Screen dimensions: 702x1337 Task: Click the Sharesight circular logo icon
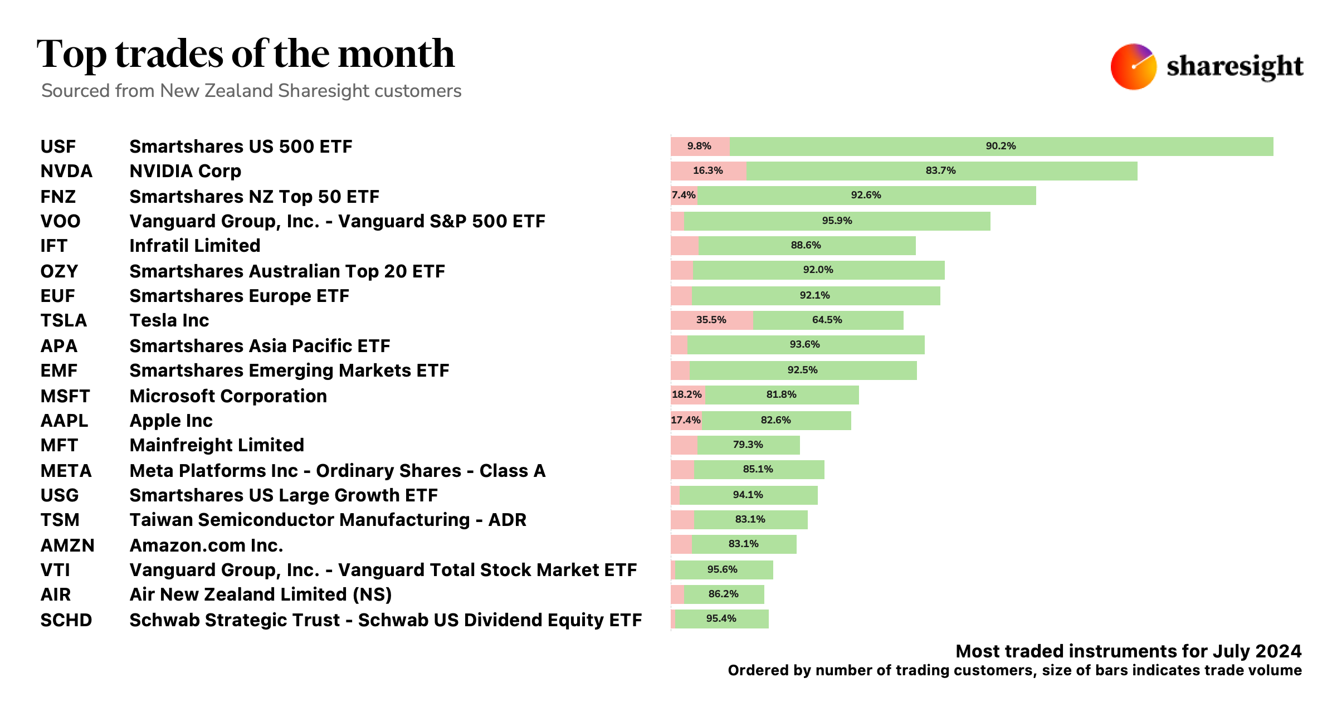[1133, 67]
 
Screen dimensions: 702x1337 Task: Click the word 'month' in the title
[396, 54]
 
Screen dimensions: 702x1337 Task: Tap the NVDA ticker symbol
[66, 171]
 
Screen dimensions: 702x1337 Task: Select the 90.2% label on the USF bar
[1001, 146]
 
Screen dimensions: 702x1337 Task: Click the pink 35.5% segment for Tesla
[711, 320]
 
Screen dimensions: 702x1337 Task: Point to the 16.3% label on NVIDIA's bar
[707, 170]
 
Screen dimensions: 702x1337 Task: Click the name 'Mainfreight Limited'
[217, 445]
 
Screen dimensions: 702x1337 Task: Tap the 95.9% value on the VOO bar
[837, 221]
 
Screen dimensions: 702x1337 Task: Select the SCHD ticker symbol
[66, 620]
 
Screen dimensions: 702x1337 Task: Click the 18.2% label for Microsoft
[686, 394]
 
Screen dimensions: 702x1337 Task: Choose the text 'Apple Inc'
[171, 421]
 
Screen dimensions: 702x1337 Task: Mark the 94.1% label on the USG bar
[748, 495]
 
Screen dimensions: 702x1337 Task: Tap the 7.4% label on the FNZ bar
[683, 195]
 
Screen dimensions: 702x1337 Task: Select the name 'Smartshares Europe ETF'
[239, 296]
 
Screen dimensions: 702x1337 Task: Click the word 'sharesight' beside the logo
[1234, 67]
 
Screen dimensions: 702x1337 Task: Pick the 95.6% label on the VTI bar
[722, 569]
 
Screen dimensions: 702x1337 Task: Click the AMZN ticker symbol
[67, 545]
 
